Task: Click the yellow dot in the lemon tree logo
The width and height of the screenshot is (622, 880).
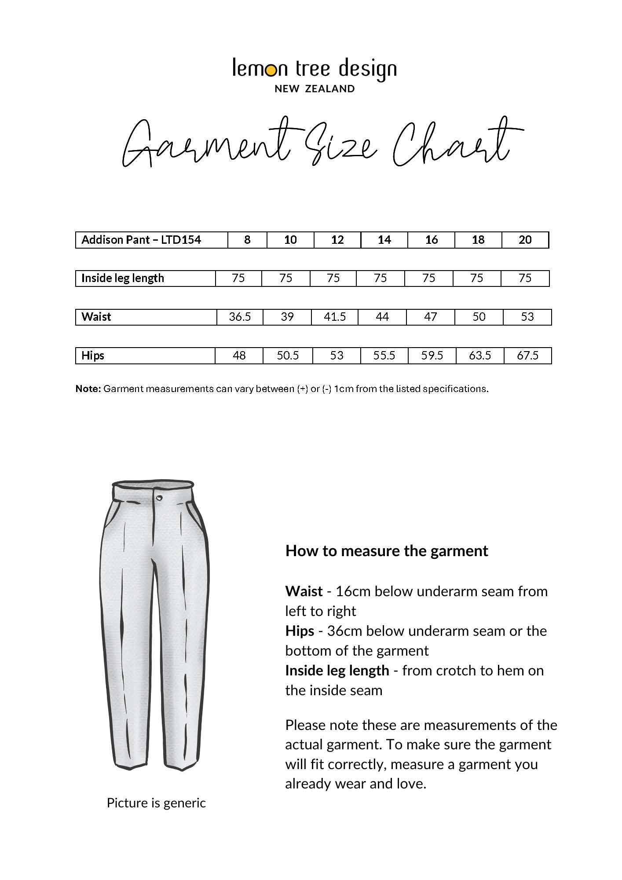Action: point(272,70)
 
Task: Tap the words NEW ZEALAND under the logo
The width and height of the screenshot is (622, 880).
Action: point(315,89)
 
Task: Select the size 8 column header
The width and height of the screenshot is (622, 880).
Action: point(247,240)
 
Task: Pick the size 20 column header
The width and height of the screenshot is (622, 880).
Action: point(525,240)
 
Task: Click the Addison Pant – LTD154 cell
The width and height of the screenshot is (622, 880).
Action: point(141,240)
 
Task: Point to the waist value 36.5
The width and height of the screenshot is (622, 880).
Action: point(240,317)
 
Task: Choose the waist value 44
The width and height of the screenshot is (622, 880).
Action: point(382,317)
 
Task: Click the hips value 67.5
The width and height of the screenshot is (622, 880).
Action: point(527,356)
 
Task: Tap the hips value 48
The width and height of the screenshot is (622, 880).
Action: point(239,356)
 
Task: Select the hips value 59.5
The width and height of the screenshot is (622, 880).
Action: point(432,356)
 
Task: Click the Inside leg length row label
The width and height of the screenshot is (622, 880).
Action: point(123,278)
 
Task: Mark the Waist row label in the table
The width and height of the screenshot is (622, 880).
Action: point(96,317)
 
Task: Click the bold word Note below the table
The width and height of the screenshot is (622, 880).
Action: point(88,389)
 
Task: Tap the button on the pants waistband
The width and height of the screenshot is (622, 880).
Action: point(159,497)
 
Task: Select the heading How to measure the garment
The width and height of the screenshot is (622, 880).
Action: point(386,551)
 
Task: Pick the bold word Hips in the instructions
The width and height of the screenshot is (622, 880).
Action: point(300,631)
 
